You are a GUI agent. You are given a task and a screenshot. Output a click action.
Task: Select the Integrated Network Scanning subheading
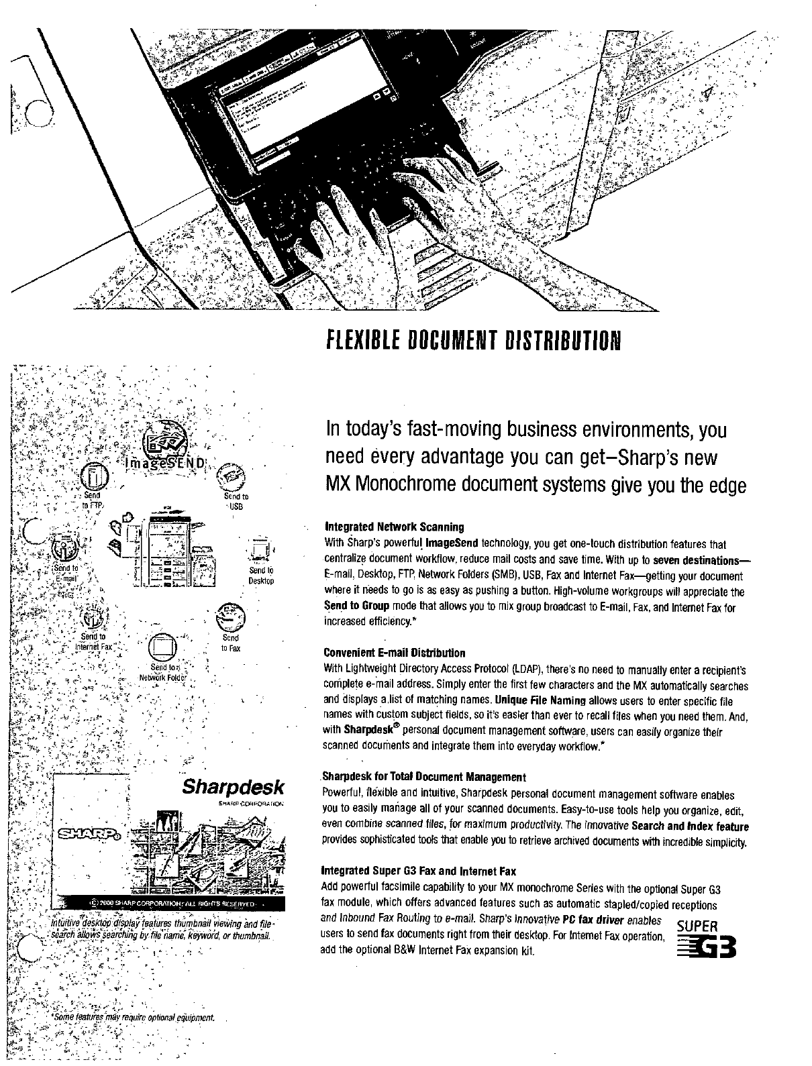click(393, 527)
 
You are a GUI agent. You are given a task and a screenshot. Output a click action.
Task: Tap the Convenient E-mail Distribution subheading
click(394, 653)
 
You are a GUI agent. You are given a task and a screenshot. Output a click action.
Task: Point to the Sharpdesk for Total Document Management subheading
click(424, 778)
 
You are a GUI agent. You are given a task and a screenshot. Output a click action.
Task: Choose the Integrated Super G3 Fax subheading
click(419, 872)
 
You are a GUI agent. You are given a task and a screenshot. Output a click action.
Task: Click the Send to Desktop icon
click(259, 551)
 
